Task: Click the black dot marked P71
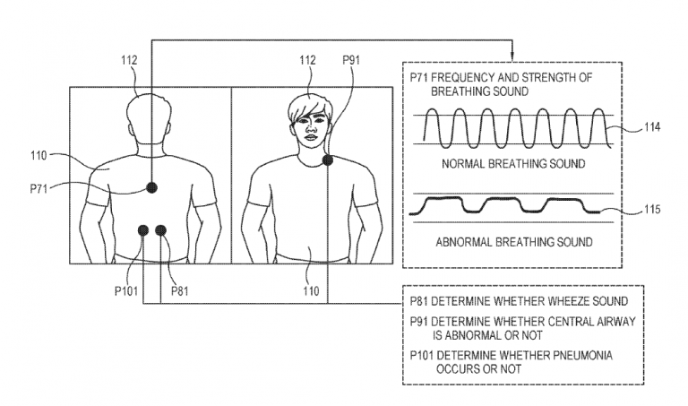click(152, 186)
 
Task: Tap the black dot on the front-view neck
click(329, 160)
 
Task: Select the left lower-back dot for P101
click(142, 232)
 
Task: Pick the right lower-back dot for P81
click(161, 232)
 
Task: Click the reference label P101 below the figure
click(127, 290)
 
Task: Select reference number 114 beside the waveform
click(651, 127)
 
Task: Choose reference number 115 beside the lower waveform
click(651, 211)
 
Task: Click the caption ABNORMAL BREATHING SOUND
click(513, 242)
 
